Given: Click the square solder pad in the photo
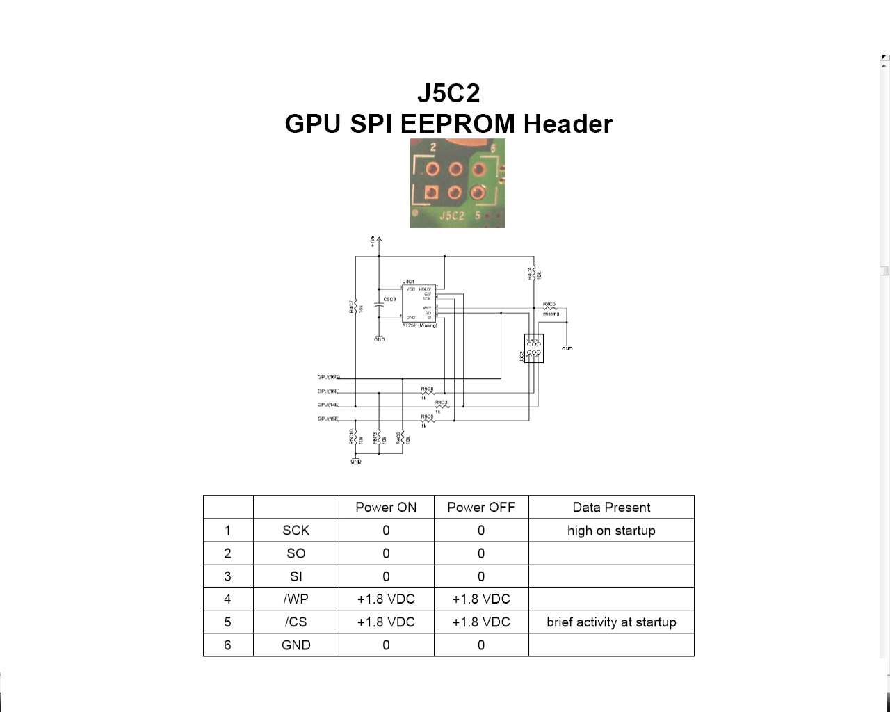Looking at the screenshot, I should pos(432,192).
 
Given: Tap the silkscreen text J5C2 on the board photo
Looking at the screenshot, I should pos(452,216).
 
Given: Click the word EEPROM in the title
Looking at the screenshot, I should pos(458,124).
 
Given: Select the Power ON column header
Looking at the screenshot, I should pos(386,507).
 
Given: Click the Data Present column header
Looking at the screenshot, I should pos(611,507).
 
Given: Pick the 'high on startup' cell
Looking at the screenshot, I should pos(611,531).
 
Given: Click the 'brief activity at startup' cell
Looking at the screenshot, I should pos(611,622).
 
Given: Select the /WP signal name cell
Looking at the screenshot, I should pos(296,599).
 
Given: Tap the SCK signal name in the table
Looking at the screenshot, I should pos(296,531).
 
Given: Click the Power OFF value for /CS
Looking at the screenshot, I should pos(481,622).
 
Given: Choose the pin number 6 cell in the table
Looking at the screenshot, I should pos(227,645).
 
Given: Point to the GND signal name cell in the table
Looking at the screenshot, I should pos(296,645).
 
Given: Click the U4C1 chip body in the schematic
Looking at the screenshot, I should pos(419,303).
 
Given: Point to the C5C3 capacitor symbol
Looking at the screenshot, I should pos(379,304).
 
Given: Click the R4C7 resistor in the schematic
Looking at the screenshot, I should pos(355,306).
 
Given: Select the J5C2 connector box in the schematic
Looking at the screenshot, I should pos(533,348).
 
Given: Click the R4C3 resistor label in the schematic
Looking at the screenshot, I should pos(441,402).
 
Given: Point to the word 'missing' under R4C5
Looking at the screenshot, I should pos(551,314).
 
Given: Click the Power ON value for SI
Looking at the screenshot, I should pos(386,576).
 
